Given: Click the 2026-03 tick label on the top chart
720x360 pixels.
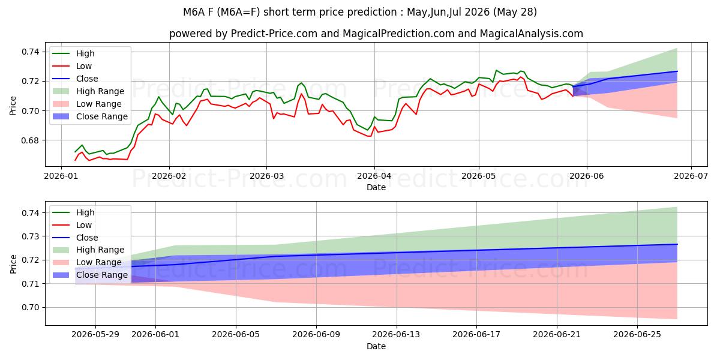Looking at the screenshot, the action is click(266, 176).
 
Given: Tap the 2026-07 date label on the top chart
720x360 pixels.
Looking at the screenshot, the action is click(691, 176).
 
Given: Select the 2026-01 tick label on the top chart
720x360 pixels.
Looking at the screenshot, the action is click(61, 176).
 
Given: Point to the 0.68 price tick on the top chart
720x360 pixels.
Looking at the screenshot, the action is click(30, 140).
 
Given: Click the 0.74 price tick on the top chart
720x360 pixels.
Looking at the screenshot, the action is click(30, 52).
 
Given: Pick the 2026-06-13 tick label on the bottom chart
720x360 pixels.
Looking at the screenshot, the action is click(396, 335).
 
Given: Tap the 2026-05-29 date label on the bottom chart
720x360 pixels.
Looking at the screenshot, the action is click(95, 335).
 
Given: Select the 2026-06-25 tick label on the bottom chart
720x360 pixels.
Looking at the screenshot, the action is click(637, 335).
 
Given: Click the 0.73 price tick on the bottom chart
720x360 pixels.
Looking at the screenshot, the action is click(30, 236).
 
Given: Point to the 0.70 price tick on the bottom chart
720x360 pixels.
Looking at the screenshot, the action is click(30, 308).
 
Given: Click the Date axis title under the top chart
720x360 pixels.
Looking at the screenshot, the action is click(376, 187).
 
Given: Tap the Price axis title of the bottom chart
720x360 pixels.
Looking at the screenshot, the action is click(13, 264).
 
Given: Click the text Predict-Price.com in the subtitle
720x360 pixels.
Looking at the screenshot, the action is click(274, 34).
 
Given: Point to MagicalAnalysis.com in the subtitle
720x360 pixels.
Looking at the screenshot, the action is click(532, 34).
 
